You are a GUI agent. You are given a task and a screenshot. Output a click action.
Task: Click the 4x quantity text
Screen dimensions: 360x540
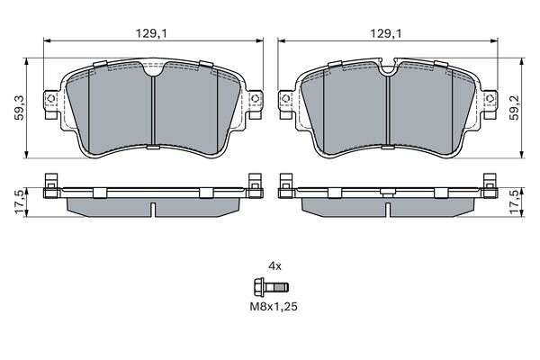click(x=276, y=265)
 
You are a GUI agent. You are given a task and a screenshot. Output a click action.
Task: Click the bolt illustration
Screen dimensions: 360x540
click(x=269, y=288)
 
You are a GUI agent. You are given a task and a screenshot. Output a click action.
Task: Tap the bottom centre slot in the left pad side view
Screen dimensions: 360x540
click(x=154, y=211)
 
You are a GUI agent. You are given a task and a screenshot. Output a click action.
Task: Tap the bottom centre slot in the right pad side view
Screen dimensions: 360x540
click(x=387, y=211)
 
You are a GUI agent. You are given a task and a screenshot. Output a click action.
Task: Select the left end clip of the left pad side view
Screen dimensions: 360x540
click(x=51, y=187)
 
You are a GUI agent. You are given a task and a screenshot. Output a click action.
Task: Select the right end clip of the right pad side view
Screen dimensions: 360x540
click(x=489, y=187)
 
